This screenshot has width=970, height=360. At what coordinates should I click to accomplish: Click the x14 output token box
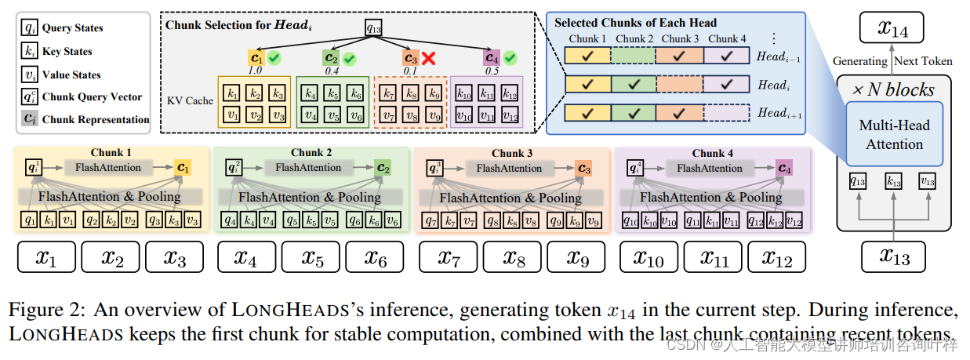pyautogui.click(x=894, y=30)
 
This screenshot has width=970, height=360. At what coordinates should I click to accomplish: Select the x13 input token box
pyautogui.click(x=893, y=256)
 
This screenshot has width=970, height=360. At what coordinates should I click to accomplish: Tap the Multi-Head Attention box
pyautogui.click(x=894, y=134)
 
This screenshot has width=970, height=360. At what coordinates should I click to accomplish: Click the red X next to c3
pyautogui.click(x=429, y=59)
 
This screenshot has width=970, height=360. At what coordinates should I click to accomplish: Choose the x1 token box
pyautogui.click(x=47, y=256)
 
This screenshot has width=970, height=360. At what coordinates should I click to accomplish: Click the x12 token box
pyautogui.click(x=776, y=256)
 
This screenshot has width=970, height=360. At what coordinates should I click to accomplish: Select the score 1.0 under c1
pyautogui.click(x=255, y=71)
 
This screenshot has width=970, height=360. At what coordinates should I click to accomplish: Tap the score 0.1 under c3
pyautogui.click(x=409, y=71)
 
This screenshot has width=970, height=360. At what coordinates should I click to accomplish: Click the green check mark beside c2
pyautogui.click(x=349, y=59)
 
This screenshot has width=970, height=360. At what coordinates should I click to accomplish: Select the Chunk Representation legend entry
pyautogui.click(x=85, y=119)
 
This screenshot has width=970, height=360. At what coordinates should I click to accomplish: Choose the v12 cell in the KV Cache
pyautogui.click(x=510, y=116)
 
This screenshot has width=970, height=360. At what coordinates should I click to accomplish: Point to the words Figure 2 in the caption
pyautogui.click(x=40, y=311)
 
